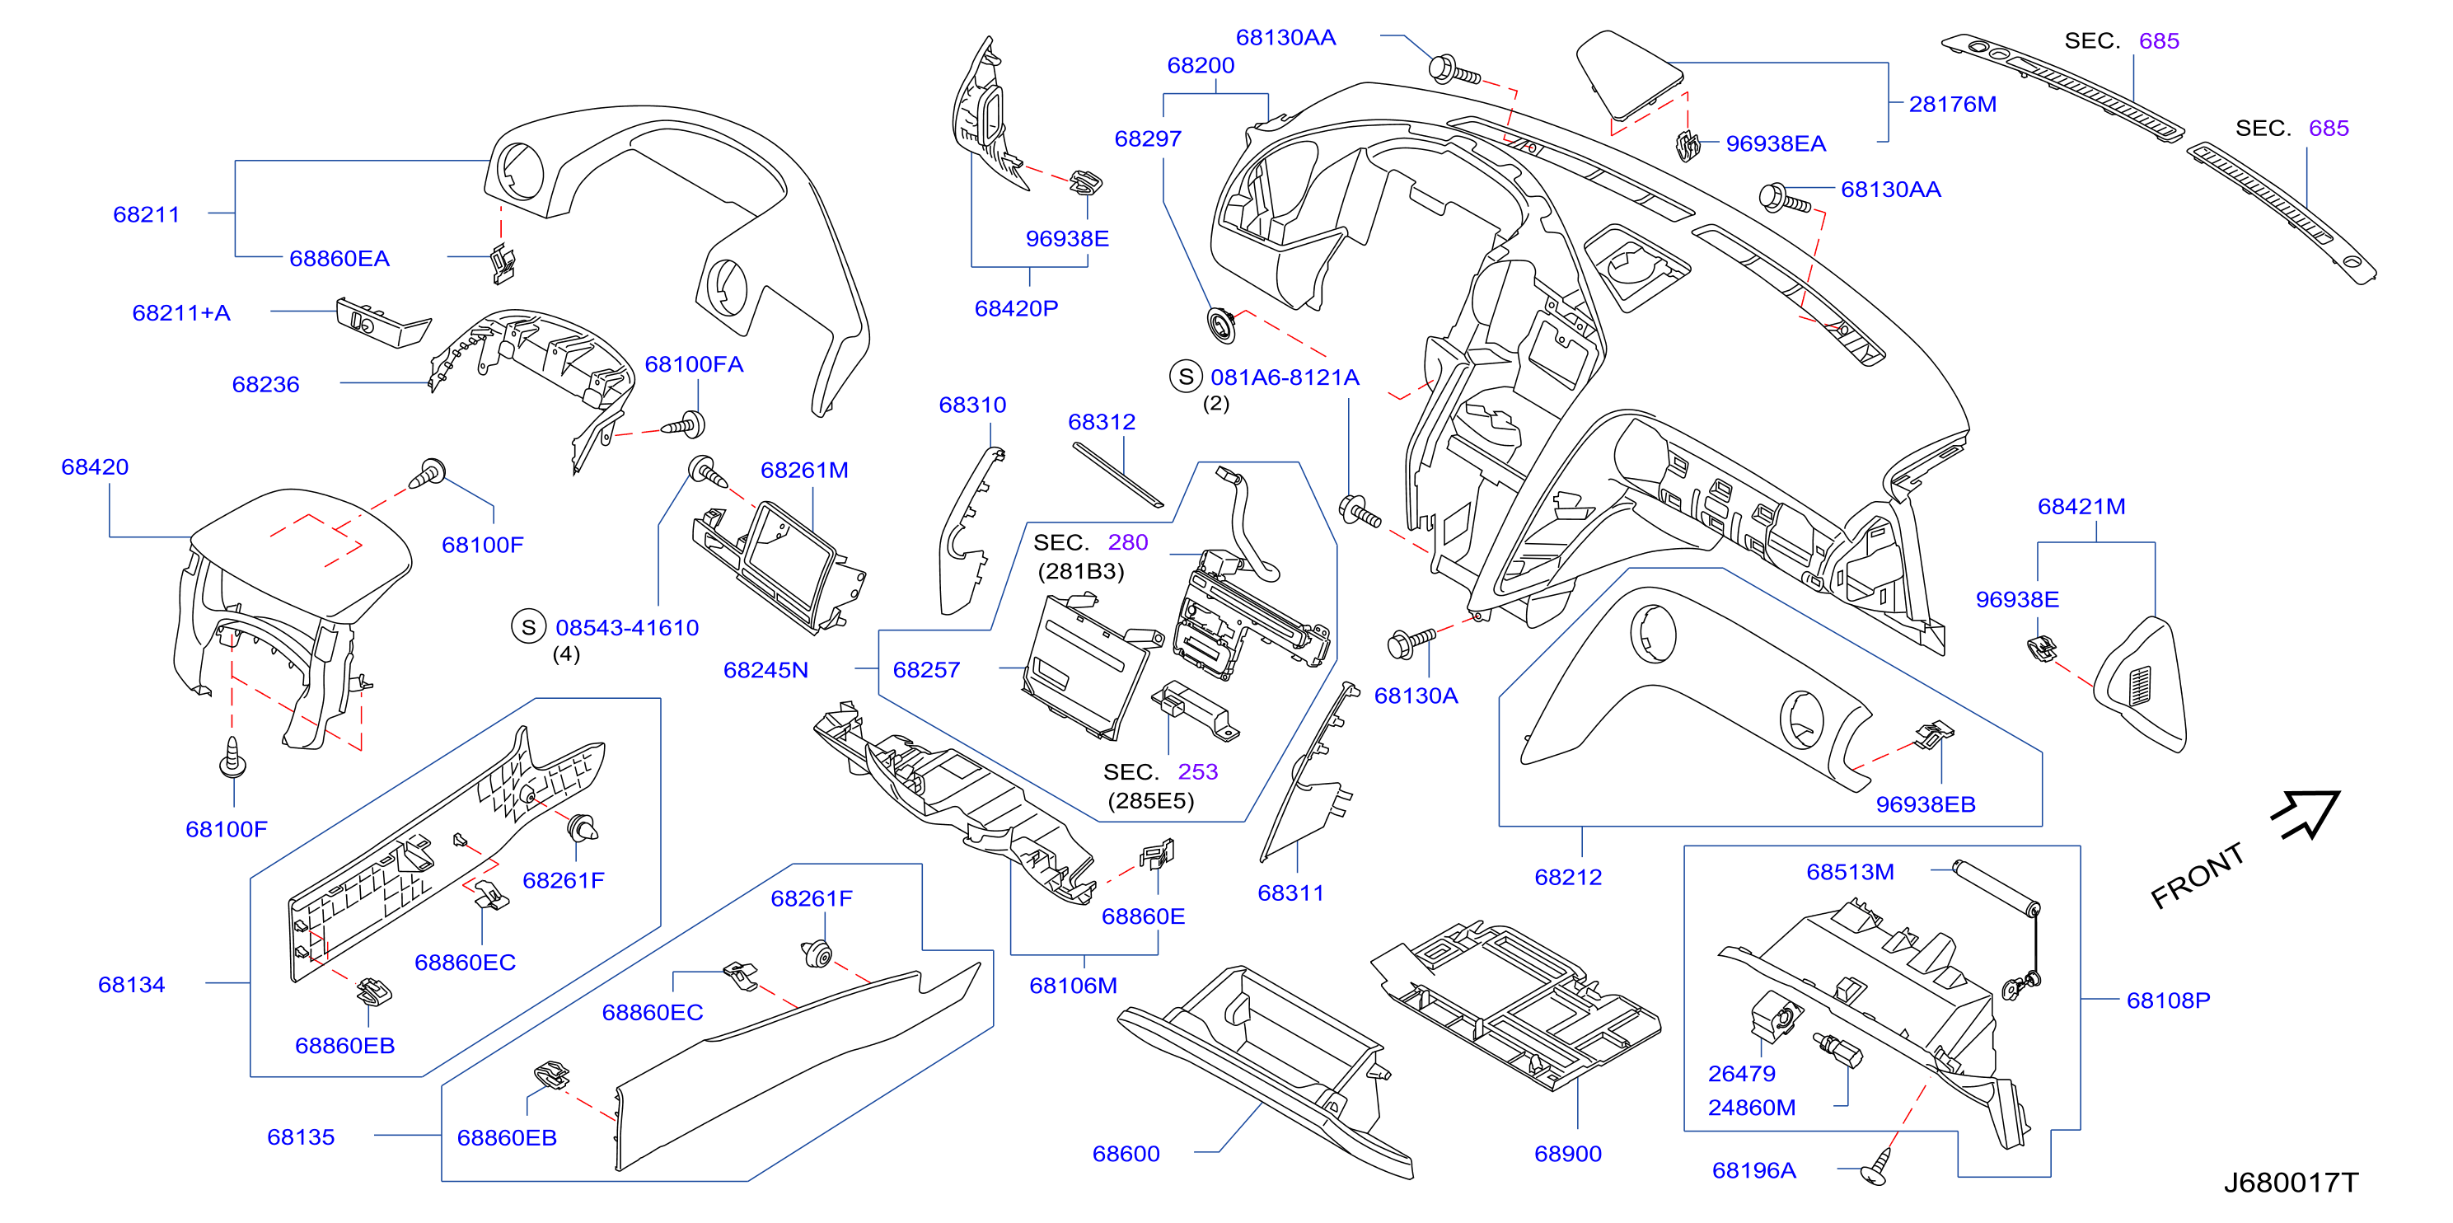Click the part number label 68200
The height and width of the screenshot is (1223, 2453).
tap(1200, 65)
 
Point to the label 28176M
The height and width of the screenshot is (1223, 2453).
tap(1952, 104)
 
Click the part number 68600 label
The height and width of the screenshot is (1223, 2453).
tap(1126, 1154)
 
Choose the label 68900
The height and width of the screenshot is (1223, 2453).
tap(1567, 1154)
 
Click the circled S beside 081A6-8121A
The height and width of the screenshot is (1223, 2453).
tap(1186, 377)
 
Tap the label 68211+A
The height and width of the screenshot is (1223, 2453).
tap(181, 312)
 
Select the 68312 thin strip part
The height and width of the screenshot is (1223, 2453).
tap(1118, 476)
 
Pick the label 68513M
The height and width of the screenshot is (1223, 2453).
tap(1849, 872)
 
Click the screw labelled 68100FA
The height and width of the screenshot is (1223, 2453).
tap(684, 424)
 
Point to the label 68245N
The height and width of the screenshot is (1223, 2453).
tap(765, 670)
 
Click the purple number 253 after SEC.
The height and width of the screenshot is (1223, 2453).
tap(1198, 771)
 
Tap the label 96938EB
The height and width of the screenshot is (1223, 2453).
tap(1926, 804)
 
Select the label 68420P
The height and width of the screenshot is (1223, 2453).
tap(1016, 307)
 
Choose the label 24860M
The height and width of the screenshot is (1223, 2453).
tap(1751, 1108)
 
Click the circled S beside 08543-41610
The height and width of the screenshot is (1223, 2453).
tap(528, 626)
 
